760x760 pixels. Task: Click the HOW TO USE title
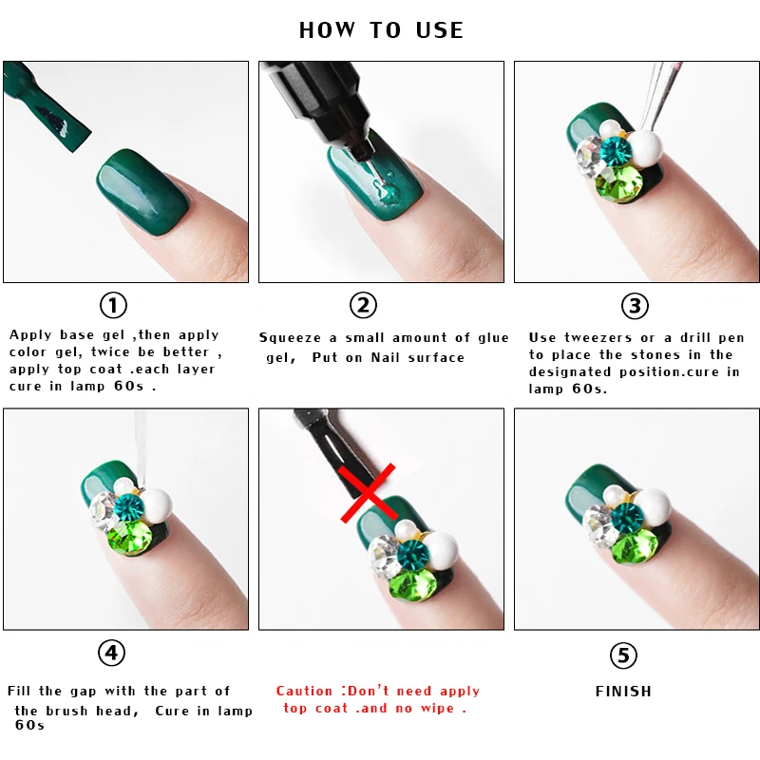point(381,30)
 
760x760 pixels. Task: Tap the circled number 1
point(113,306)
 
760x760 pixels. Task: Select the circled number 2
point(363,306)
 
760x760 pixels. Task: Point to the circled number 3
point(635,306)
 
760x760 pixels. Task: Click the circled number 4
point(111,654)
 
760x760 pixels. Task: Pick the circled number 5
point(623,655)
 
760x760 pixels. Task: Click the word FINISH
point(623,692)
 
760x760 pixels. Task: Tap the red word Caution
point(304,692)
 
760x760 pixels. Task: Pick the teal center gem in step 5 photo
point(626,519)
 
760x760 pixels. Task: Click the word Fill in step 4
point(21,692)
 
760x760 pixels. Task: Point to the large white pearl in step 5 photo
point(655,503)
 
